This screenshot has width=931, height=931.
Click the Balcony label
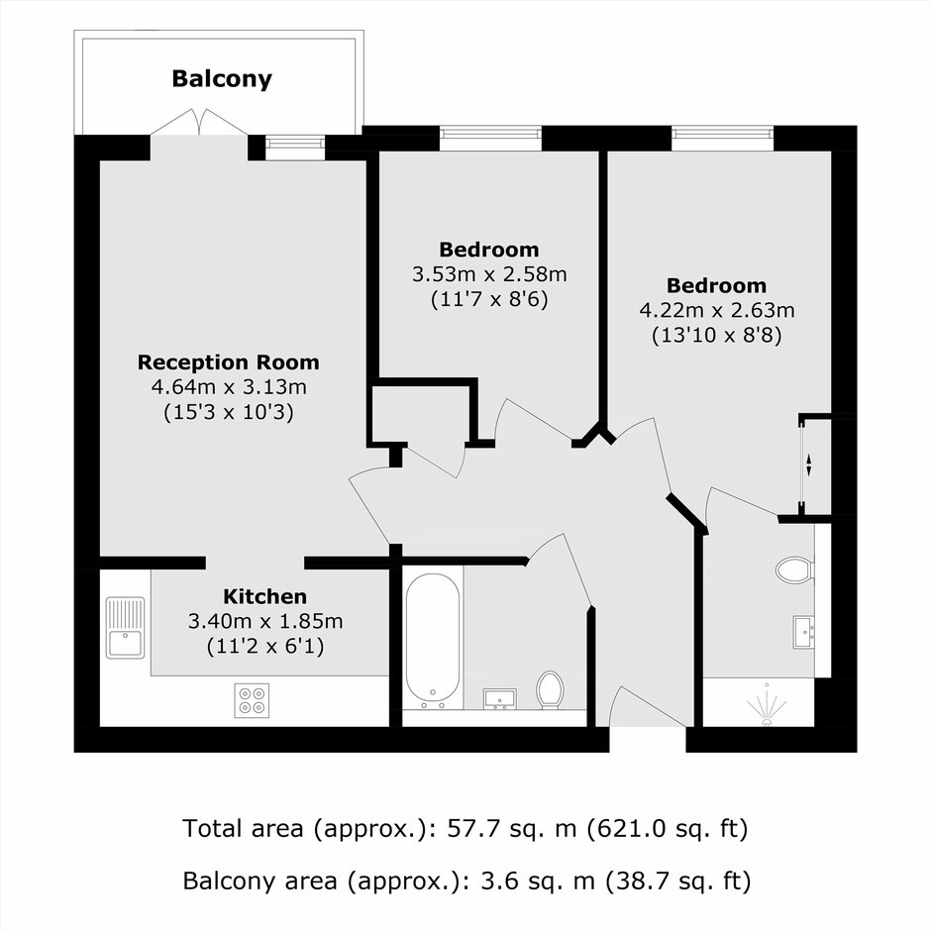(222, 79)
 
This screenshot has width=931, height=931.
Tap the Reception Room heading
(229, 362)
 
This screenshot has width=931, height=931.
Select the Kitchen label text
(264, 596)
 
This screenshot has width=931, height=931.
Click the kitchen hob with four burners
(252, 700)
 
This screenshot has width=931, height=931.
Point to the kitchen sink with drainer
(125, 628)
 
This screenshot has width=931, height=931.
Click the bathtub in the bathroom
(433, 641)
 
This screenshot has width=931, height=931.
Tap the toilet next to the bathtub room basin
(550, 690)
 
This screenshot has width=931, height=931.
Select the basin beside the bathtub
(500, 699)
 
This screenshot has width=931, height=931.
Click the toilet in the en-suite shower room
(795, 569)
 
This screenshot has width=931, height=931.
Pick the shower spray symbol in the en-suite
(767, 705)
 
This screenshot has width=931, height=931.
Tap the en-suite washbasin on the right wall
(804, 632)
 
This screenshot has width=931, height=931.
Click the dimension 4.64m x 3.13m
(229, 387)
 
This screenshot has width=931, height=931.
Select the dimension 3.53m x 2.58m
(490, 274)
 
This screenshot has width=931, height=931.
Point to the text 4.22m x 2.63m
(717, 310)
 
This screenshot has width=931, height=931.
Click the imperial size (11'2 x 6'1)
(265, 646)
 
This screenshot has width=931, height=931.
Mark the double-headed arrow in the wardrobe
(807, 465)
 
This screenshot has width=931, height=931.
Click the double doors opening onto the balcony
(199, 122)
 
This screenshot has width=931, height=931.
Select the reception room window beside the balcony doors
(295, 148)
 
